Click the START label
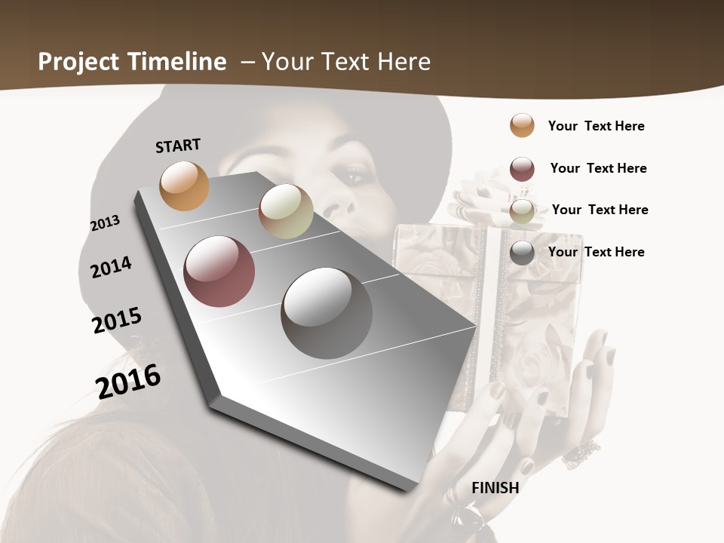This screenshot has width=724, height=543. tap(178, 146)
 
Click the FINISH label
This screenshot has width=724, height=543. tap(495, 487)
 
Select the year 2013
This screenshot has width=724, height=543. tap(105, 223)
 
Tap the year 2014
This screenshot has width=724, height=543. tap(111, 267)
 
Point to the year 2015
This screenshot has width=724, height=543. tap(117, 321)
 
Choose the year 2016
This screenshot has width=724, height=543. tap(128, 381)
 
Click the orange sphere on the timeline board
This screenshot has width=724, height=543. tap(184, 186)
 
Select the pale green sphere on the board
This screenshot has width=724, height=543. tap(286, 211)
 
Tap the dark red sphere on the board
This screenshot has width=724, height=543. tap(219, 271)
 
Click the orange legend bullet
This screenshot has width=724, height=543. tap(522, 125)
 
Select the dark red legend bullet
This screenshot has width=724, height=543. tap(522, 169)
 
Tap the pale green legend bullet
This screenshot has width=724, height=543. tap(522, 211)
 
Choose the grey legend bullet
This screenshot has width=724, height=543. tap(522, 253)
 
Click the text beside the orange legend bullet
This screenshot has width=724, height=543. tap(596, 126)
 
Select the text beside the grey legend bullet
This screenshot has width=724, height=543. tap(596, 252)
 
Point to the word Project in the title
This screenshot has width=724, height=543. tap(78, 62)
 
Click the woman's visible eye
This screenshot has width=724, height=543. tap(354, 178)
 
